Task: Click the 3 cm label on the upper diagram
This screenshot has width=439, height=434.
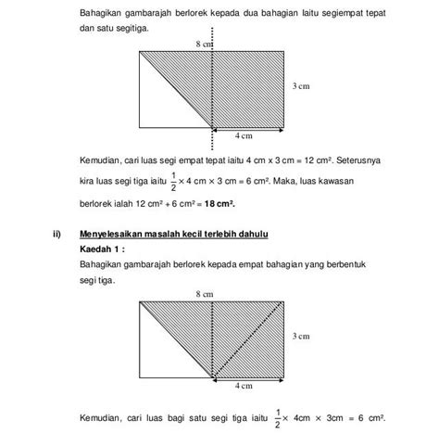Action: (x=300, y=86)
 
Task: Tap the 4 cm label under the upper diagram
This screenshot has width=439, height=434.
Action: (x=244, y=135)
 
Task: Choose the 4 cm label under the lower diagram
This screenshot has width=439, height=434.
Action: (x=244, y=385)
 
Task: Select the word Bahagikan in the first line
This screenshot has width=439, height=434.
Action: (x=103, y=14)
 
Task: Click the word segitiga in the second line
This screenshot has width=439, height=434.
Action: (x=129, y=30)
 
